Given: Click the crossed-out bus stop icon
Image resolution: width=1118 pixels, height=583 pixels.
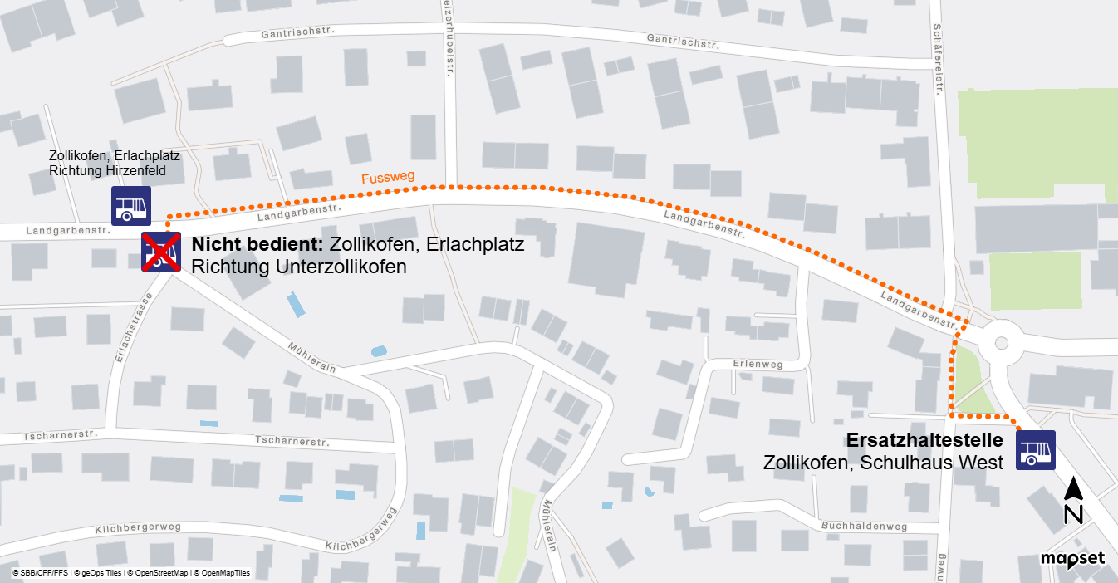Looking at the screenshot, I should (x=160, y=252).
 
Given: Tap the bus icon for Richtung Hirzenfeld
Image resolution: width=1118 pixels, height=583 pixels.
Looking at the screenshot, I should (x=131, y=206).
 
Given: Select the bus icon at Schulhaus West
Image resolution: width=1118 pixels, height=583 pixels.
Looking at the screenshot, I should (x=1035, y=450).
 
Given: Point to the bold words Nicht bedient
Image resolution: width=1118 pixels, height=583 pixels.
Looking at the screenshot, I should (x=257, y=246).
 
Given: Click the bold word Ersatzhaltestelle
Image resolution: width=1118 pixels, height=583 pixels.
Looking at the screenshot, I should (x=924, y=441).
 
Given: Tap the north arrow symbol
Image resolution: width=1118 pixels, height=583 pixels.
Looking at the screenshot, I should (x=1073, y=501).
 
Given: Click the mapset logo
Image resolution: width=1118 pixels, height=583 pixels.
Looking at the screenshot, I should (x=1072, y=559).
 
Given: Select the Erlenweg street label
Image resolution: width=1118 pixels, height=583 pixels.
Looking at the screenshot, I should (x=758, y=364).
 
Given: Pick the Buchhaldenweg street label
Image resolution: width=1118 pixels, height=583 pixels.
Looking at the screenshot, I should (x=864, y=527).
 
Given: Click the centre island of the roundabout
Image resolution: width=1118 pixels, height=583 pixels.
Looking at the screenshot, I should (x=1000, y=342).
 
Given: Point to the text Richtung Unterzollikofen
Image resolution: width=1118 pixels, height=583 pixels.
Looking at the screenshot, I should (x=299, y=267).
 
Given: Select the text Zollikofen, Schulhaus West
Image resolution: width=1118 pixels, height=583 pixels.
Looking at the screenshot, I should (x=884, y=462).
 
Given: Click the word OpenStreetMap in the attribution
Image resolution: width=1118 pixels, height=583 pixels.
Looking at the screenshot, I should (x=160, y=573).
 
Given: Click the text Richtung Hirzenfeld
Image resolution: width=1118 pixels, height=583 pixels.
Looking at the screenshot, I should (x=107, y=171).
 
